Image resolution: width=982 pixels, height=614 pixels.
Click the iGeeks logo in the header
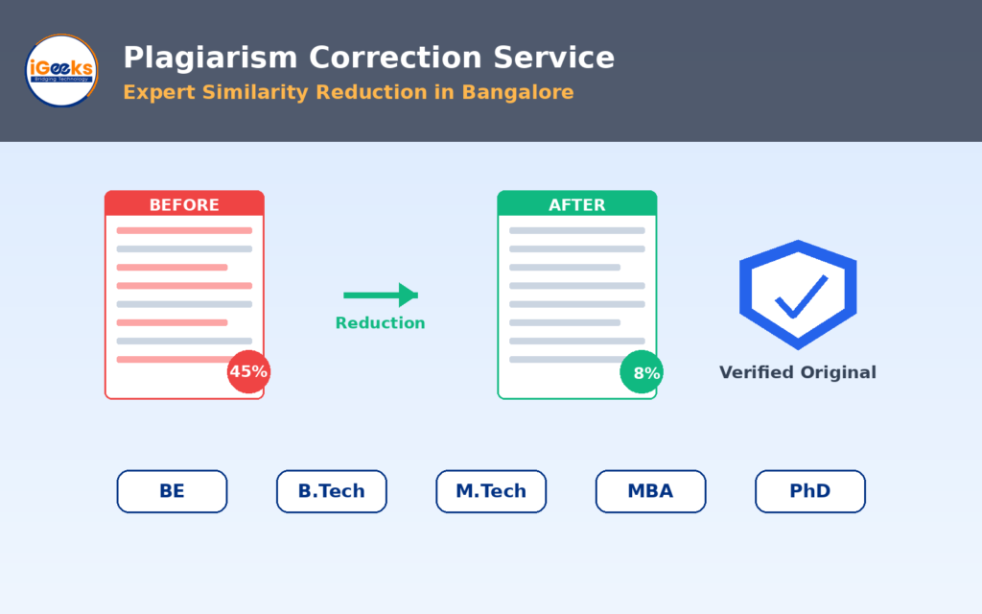(x=61, y=70)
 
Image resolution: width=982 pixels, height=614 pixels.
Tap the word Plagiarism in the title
(x=210, y=59)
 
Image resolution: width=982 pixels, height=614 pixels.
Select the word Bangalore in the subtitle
(x=517, y=92)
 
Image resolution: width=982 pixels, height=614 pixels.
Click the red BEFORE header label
(x=184, y=204)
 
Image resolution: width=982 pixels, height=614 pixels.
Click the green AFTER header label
(x=576, y=204)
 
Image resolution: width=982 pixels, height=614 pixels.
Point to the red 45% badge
(x=248, y=371)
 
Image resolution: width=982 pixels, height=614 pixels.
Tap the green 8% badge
(x=642, y=372)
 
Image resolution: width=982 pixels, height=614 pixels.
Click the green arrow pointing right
(x=381, y=295)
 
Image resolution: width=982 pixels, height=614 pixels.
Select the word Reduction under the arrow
(x=380, y=322)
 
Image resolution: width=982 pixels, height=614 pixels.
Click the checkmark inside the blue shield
(x=802, y=297)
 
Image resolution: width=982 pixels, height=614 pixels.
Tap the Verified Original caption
(x=797, y=372)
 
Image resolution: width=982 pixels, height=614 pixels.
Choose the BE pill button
(x=173, y=491)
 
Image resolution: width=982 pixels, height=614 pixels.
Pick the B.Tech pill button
(x=331, y=491)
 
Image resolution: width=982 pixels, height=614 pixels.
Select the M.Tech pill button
(x=491, y=491)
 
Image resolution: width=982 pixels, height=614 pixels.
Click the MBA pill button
(x=651, y=491)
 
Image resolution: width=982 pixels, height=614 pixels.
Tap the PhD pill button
(x=810, y=491)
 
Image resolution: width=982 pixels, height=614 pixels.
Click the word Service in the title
(x=553, y=58)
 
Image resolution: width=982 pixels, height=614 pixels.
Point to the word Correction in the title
(x=395, y=58)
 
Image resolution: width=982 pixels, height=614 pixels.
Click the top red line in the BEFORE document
(x=184, y=230)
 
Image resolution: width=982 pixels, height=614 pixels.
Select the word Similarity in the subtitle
(x=255, y=92)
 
